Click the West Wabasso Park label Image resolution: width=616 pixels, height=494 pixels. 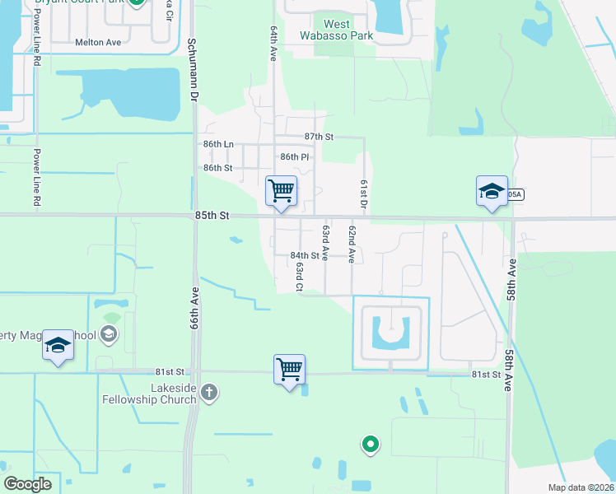click(x=348, y=30)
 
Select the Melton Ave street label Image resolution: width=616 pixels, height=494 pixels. click(x=97, y=42)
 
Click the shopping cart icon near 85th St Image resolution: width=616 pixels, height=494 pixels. click(x=281, y=191)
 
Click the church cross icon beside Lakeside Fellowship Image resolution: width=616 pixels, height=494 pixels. click(x=209, y=391)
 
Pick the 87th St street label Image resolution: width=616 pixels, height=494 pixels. click(x=318, y=137)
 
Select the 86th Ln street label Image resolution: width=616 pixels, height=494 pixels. click(x=218, y=144)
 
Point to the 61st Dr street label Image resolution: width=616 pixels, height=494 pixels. click(x=362, y=193)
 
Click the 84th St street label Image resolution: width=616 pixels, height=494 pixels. click(x=304, y=256)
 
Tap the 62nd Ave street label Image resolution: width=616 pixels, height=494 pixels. click(x=352, y=243)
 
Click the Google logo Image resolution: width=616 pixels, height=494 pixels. click(x=27, y=483)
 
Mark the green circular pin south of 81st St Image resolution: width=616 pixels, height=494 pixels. click(x=371, y=445)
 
